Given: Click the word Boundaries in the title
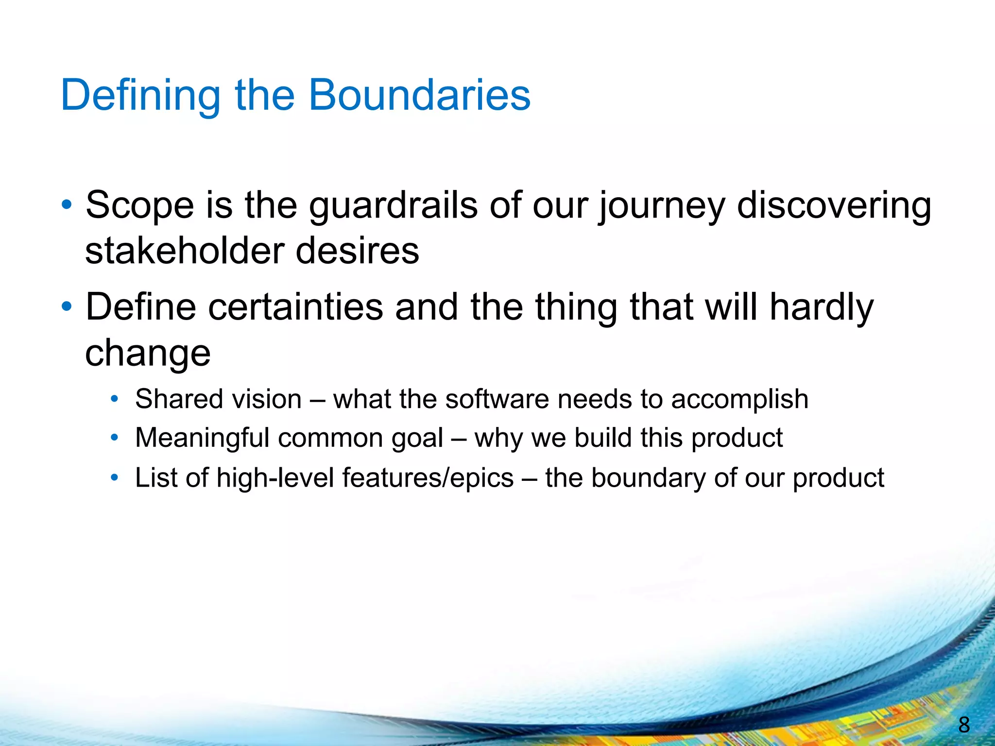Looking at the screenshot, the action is pos(419,95).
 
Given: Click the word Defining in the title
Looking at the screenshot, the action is pos(140,96).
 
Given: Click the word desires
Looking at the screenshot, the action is pos(357,251).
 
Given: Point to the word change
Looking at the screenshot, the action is pos(148,353).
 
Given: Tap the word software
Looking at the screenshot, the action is pos(497,399).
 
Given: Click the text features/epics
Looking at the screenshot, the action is pos(428,478).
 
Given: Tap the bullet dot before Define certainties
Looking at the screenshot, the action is pos(67,307).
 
